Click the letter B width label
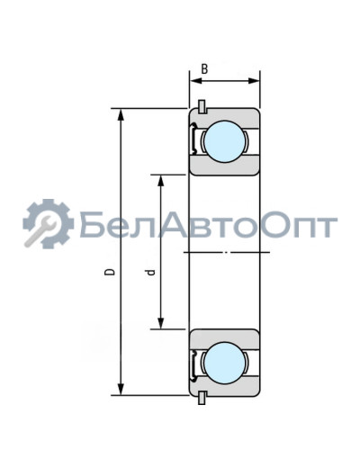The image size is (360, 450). (205, 68)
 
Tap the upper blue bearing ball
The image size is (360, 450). (223, 141)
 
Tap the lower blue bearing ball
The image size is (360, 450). (223, 362)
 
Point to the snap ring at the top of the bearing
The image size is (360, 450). (202, 106)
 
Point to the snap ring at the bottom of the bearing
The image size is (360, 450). (202, 397)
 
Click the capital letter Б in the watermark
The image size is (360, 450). (93, 225)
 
